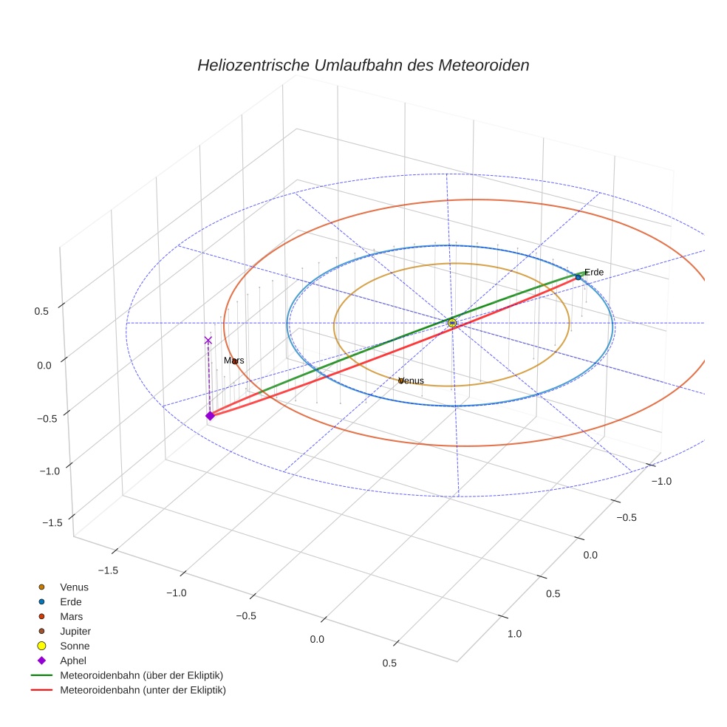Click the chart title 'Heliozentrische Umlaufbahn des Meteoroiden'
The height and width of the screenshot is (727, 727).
[x=363, y=65]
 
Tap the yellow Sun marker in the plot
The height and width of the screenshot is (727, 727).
[x=452, y=323]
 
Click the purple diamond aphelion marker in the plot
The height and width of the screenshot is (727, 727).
[x=210, y=416]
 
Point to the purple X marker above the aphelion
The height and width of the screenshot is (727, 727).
[x=208, y=340]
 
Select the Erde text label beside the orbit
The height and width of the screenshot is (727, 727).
[x=594, y=272]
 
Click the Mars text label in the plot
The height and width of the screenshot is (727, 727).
[x=234, y=361]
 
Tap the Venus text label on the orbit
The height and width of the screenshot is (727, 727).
[x=412, y=380]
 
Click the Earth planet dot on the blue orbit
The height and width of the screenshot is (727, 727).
[x=578, y=277]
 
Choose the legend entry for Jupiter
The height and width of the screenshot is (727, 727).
[x=75, y=631]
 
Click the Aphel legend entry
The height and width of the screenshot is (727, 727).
[x=73, y=661]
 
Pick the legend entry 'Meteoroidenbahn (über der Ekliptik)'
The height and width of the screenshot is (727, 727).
[x=141, y=675]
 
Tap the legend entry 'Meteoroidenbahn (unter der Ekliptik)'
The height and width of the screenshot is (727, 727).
[x=143, y=690]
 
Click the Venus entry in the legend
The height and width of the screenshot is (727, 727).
[x=74, y=587]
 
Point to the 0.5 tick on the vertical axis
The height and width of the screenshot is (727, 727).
[x=41, y=311]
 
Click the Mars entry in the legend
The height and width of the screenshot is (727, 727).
[x=71, y=616]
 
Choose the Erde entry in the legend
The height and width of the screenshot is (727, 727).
[x=71, y=601]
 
